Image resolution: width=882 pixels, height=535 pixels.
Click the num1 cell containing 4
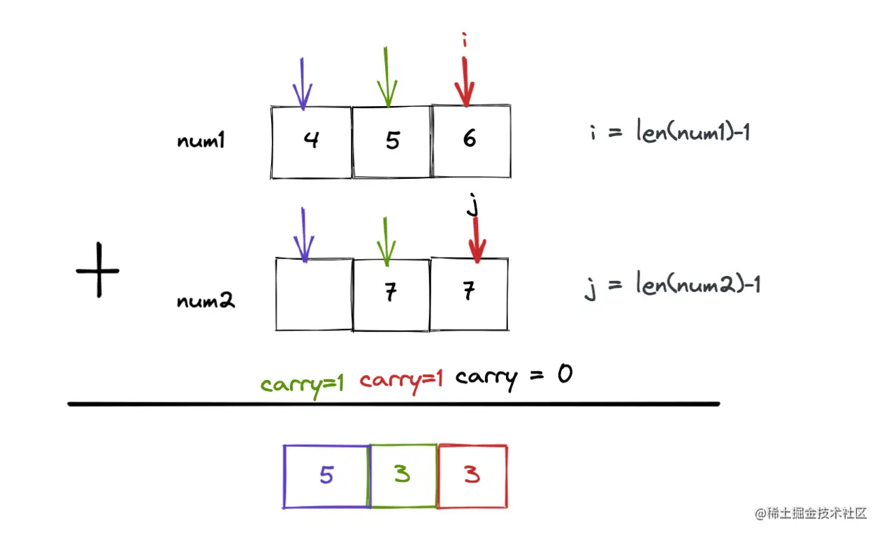point(311,142)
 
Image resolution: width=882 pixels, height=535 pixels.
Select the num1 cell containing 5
point(391,142)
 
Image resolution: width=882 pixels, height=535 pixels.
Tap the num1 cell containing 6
point(471,140)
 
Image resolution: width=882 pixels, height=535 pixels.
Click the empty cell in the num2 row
point(315,294)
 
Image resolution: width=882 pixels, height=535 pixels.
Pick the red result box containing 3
point(472,476)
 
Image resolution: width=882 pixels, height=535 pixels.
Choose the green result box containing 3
point(403,476)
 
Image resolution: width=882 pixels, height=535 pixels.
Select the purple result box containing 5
point(326,476)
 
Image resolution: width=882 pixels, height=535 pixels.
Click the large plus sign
point(98,270)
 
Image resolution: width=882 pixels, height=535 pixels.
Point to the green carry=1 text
point(302,383)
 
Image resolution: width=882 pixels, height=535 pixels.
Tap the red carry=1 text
point(401,381)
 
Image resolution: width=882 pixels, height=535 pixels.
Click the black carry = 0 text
point(514,378)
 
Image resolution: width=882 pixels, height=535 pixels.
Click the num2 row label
point(206,301)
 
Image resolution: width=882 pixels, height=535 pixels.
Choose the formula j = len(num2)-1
point(672,285)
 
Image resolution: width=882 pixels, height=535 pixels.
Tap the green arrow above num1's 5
point(386,78)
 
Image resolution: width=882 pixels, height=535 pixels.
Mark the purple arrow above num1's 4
point(303,84)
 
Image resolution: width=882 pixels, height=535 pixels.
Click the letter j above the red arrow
point(472,207)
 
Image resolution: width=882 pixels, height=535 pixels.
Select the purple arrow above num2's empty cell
point(303,235)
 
